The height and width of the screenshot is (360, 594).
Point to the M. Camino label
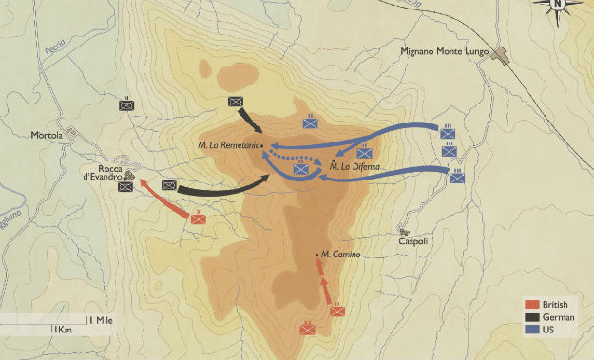click(340, 254)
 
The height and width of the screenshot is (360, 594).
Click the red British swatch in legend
click(532, 305)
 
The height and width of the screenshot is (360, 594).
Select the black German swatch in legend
click(532, 317)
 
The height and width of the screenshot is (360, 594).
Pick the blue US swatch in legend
click(532, 330)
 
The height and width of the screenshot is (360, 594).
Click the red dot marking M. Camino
click(316, 255)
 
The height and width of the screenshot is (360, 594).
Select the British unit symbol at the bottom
click(308, 329)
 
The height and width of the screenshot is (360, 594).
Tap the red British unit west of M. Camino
click(199, 218)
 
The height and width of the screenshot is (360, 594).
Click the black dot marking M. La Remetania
click(259, 145)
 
